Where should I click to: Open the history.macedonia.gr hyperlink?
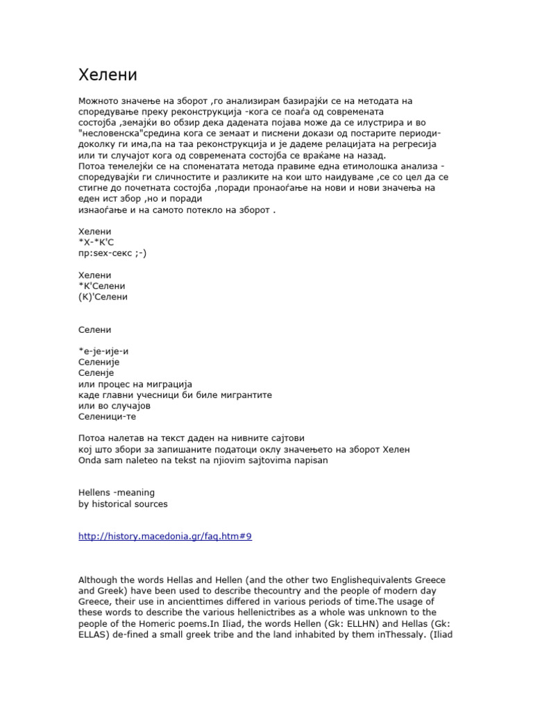pos(164,537)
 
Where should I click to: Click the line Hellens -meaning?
pos(116,492)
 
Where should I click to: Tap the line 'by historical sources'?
pos(123,504)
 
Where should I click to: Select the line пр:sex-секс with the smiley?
pos(112,253)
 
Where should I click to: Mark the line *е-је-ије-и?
pos(103,351)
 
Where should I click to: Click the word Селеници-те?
pos(108,417)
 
